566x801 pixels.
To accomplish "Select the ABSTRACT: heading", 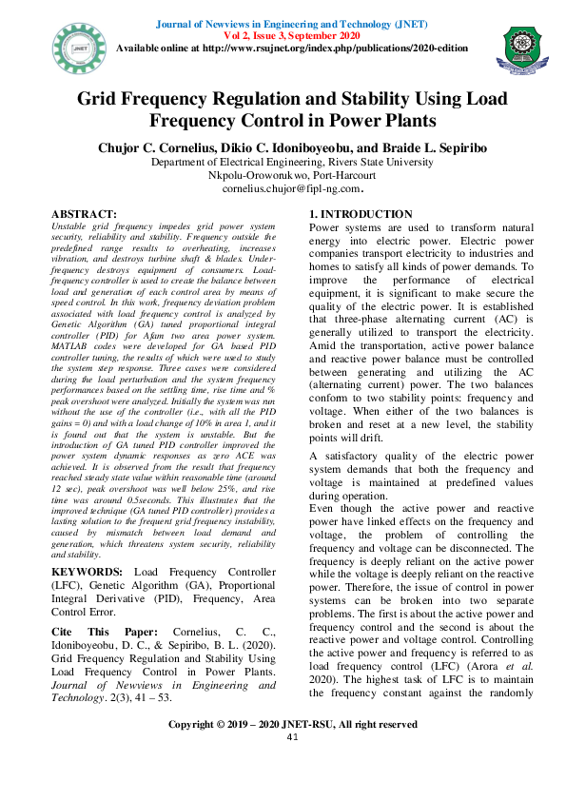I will click(x=83, y=215).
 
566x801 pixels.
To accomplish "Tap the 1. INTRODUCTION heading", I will click(x=361, y=215).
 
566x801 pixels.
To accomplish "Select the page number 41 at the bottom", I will click(x=292, y=737).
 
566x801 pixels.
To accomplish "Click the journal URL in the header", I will click(x=344, y=47).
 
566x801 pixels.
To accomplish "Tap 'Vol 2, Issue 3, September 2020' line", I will click(x=292, y=33).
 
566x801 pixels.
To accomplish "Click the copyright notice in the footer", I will click(x=292, y=724).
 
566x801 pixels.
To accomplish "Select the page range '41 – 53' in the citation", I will click(x=152, y=697).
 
